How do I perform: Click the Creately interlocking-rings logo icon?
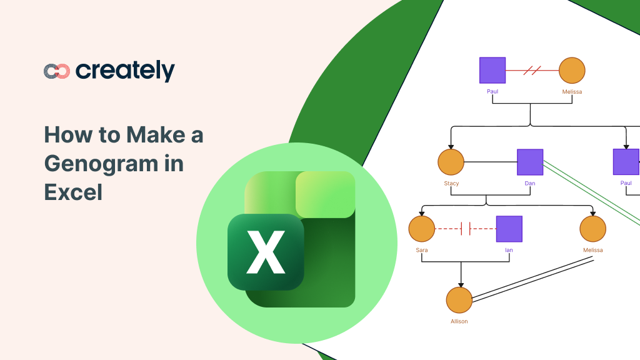coord(56,71)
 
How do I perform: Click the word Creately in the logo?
coord(125,71)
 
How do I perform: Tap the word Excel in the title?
coord(72,192)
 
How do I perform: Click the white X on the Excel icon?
coord(266,252)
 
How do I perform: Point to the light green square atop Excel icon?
coord(325,194)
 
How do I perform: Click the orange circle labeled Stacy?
coord(451,162)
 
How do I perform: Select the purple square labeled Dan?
coord(530,162)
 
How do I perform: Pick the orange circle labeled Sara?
coord(422,229)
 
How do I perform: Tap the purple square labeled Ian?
coord(509,229)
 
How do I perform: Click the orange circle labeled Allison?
coord(459,300)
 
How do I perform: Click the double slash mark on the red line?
coord(532,71)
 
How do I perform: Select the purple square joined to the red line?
coord(492,71)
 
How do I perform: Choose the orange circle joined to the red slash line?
coord(572,71)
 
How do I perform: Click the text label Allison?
coord(459,321)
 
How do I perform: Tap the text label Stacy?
coord(451,184)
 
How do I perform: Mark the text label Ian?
coord(509,250)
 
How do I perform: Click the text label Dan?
coord(530,184)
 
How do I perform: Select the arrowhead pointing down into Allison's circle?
coord(461,284)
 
